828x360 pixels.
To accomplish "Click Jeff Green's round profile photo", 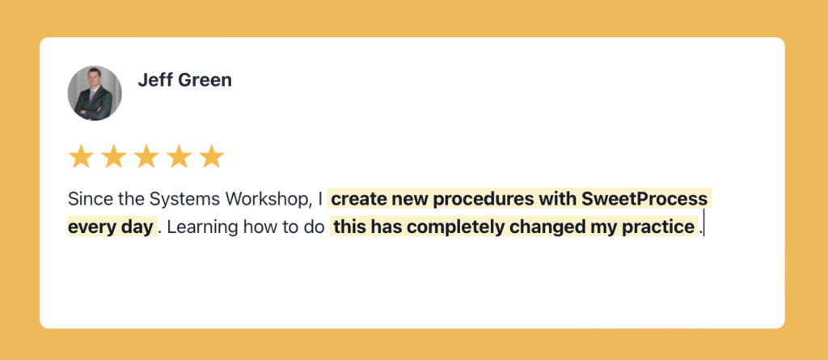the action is pos(95,93).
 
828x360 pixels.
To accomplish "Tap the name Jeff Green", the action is pos(185,80).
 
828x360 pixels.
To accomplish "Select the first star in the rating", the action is pos(82,156).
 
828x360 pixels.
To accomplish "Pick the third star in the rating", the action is pos(146,156).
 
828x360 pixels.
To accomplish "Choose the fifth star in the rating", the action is pos(212,156).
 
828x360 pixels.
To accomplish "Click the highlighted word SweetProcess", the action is pos(644,199).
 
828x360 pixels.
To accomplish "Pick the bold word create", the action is pos(357,199).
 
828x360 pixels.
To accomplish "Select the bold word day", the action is pos(138,228).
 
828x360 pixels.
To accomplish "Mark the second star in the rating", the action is pos(113,156).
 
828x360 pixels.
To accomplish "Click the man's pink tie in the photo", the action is pos(93,95).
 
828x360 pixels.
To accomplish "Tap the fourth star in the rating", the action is pos(179,156).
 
